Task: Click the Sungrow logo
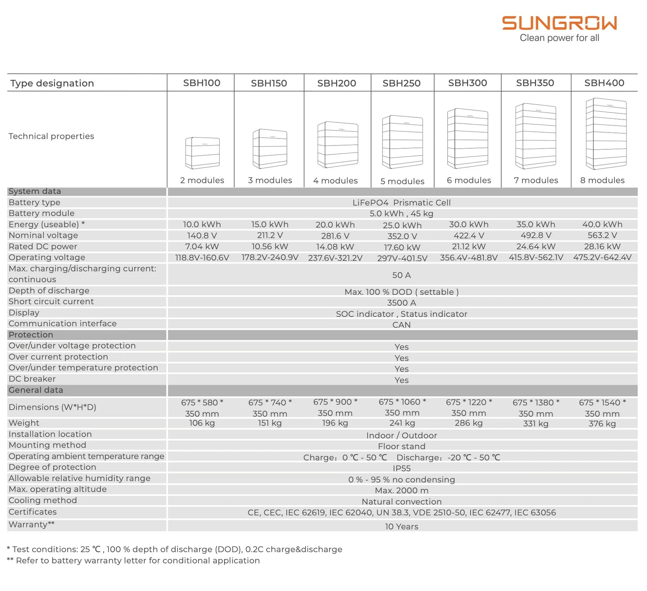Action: pyautogui.click(x=559, y=24)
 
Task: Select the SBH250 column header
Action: pyautogui.click(x=401, y=83)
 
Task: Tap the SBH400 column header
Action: pyautogui.click(x=604, y=83)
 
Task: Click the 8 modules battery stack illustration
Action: pyautogui.click(x=606, y=134)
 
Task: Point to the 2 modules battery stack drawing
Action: pyautogui.click(x=202, y=153)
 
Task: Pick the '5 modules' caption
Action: pyautogui.click(x=402, y=181)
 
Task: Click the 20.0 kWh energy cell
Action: pyautogui.click(x=335, y=225)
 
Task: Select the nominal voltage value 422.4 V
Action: pyautogui.click(x=469, y=236)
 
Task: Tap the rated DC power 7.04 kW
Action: pyautogui.click(x=202, y=247)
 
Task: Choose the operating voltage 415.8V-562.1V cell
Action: pyautogui.click(x=536, y=258)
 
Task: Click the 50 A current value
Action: pyautogui.click(x=401, y=275)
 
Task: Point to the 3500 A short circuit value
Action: pyautogui.click(x=401, y=303)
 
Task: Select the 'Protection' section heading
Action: pyautogui.click(x=31, y=335)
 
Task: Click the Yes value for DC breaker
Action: pyautogui.click(x=401, y=380)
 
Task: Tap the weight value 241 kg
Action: pyautogui.click(x=402, y=423)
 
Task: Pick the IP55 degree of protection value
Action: pyautogui.click(x=401, y=468)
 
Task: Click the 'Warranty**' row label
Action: pyautogui.click(x=31, y=525)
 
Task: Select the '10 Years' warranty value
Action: pyautogui.click(x=401, y=527)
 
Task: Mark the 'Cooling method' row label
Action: pyautogui.click(x=42, y=501)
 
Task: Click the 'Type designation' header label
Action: pyautogui.click(x=52, y=83)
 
